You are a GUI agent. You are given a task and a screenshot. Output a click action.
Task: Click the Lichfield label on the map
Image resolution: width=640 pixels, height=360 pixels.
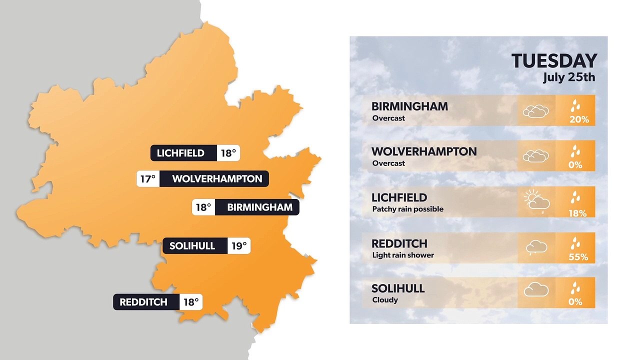pos(180,153)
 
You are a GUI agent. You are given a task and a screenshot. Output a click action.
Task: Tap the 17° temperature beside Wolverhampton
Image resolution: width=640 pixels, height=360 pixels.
pos(148,178)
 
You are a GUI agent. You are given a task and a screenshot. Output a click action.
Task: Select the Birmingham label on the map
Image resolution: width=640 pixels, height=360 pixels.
pos(259,207)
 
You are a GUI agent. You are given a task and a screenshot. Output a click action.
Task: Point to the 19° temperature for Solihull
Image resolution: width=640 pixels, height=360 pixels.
pos(238,246)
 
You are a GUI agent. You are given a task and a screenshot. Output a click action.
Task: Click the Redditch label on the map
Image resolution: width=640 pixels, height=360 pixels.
pos(143,302)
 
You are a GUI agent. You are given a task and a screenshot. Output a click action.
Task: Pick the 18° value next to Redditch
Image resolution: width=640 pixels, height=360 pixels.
pos(191,302)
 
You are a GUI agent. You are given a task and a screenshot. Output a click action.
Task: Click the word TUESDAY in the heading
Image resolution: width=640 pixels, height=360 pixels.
pos(554,61)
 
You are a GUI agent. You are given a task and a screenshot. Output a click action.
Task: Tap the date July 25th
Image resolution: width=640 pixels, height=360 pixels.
pos(569,77)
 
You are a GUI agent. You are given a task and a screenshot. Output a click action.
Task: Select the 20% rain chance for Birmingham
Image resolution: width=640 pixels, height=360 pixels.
pos(579,119)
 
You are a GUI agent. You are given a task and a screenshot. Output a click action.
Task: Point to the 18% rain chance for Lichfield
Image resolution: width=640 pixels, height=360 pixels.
pos(577,213)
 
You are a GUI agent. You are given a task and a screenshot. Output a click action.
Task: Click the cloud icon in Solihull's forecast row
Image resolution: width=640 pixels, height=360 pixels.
pos(536,290)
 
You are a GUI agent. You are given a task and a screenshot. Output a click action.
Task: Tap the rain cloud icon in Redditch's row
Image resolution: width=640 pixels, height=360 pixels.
pos(536,247)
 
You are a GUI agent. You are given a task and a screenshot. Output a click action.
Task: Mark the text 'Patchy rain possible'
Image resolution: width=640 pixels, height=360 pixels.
pos(407,209)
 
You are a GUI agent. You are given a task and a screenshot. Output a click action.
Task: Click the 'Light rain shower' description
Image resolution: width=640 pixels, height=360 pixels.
pos(403,255)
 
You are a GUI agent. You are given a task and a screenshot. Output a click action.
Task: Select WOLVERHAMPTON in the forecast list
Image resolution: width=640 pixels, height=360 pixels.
pos(424,151)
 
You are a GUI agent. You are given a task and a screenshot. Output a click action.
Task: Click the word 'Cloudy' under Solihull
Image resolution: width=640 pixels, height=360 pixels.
pos(385,300)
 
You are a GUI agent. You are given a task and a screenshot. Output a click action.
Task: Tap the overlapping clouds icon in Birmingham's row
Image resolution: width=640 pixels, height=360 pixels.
pos(535,111)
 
